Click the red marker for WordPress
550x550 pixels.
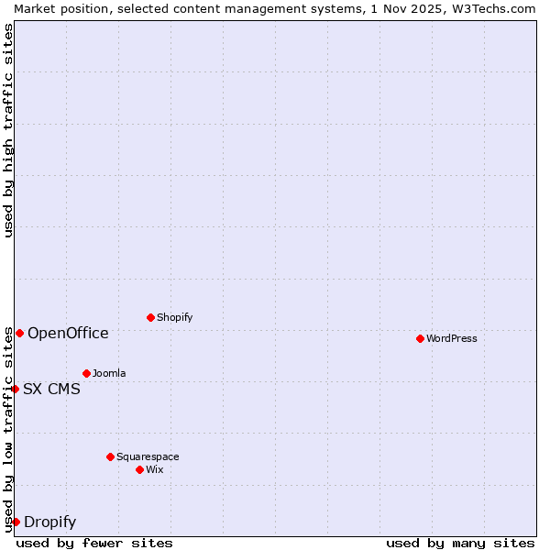420,338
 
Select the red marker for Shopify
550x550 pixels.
150,317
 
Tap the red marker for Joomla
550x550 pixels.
86,373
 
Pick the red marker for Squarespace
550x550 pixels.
110,456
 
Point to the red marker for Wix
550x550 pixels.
139,469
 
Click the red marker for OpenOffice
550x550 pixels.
19,333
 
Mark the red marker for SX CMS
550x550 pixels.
15,389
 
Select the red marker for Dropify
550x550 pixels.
16,522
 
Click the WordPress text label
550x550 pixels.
452,338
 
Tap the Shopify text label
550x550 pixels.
175,317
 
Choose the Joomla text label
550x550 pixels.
109,373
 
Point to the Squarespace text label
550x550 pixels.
148,456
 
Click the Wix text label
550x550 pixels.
155,469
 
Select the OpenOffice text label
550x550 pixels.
68,333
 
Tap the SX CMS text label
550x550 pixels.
51,389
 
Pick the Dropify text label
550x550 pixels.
49,522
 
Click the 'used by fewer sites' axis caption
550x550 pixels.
94,543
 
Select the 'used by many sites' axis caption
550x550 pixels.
460,543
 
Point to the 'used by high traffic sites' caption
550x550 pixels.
8,130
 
